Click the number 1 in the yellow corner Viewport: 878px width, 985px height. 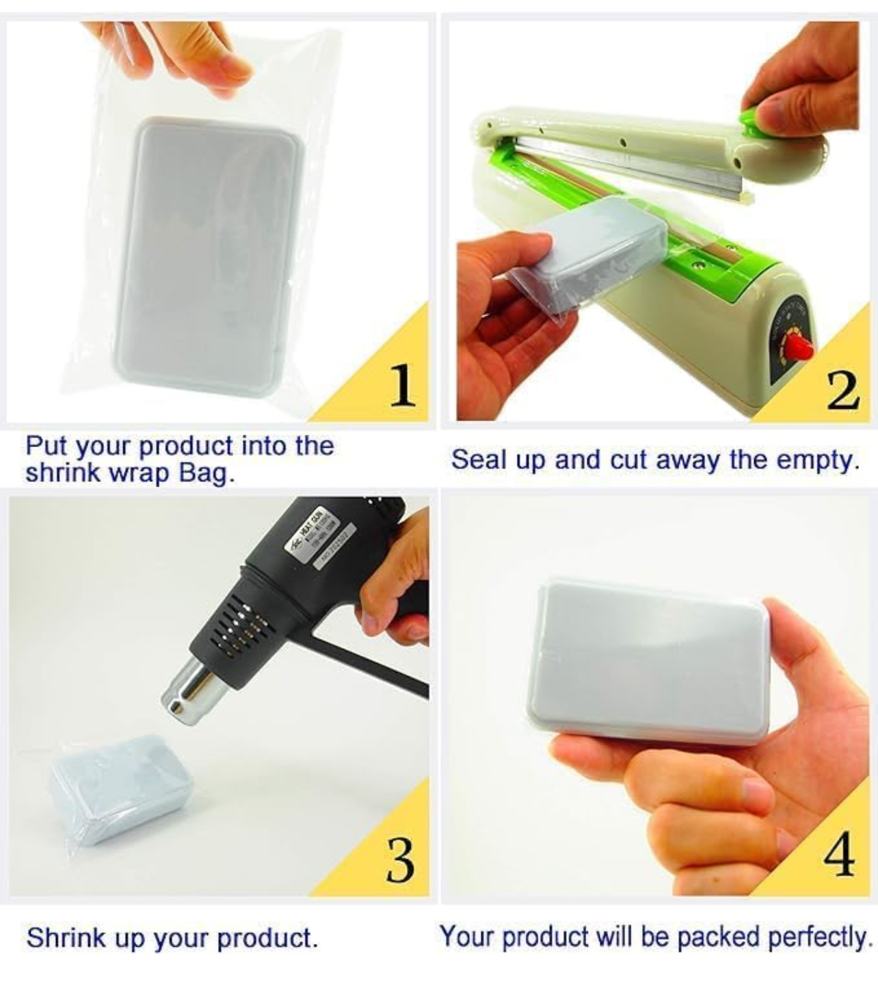coord(403,386)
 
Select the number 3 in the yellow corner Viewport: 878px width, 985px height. coord(400,861)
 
